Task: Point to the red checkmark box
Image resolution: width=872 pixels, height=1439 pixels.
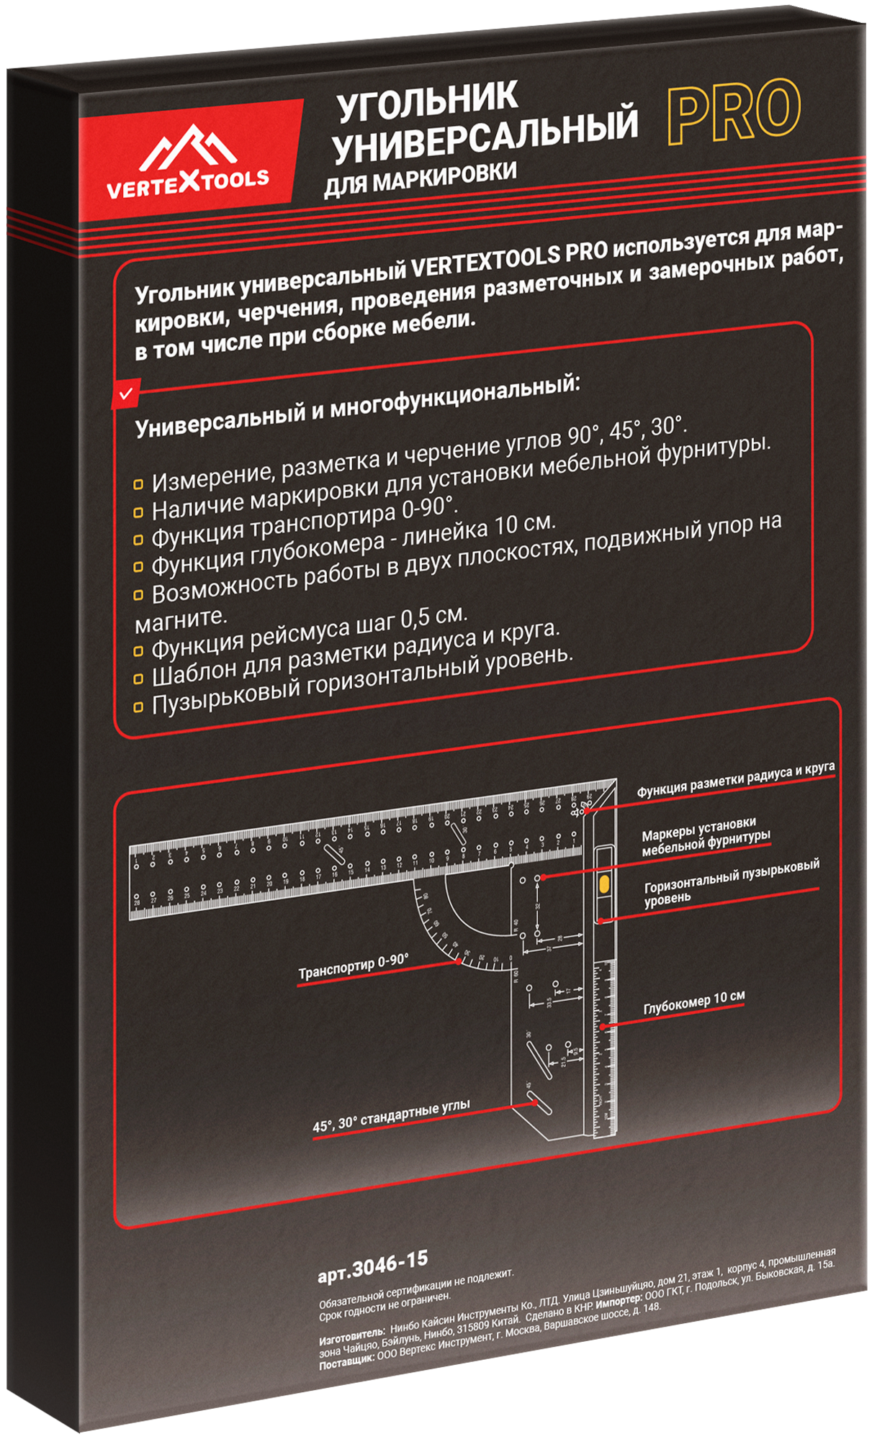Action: click(125, 394)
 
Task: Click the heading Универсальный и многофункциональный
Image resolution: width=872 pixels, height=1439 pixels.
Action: click(356, 406)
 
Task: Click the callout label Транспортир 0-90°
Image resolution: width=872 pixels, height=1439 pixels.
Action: click(353, 967)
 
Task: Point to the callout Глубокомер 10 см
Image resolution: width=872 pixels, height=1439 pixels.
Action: click(693, 1002)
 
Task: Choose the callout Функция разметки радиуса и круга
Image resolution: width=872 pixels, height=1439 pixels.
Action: click(735, 780)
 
